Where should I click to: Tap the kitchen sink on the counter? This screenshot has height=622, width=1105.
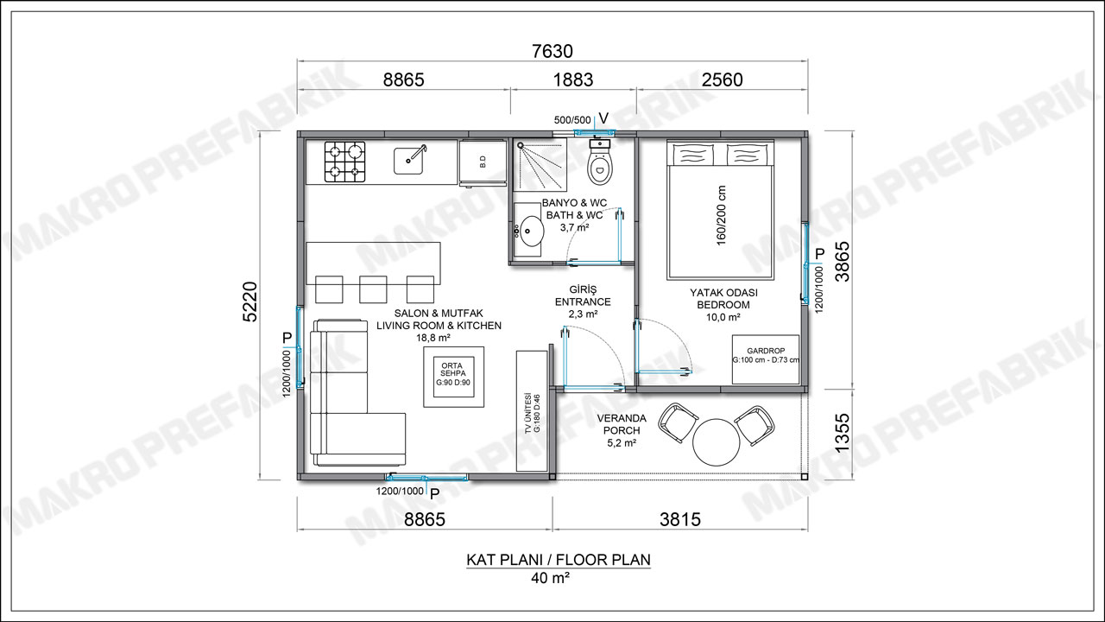click(x=408, y=160)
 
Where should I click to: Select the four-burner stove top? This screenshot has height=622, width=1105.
click(x=344, y=162)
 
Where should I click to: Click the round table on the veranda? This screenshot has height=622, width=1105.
click(x=717, y=441)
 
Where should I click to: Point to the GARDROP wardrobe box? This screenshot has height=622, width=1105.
click(x=766, y=359)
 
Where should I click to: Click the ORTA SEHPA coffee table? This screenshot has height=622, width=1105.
click(x=454, y=377)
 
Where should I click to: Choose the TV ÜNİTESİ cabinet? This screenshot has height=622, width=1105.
click(x=532, y=410)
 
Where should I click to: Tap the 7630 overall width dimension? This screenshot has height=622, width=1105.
click(x=552, y=51)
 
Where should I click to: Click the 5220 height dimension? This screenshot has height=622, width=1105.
click(x=250, y=301)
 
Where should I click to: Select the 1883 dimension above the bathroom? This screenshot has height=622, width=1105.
click(x=572, y=79)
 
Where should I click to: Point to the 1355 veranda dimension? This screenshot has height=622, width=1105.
click(x=842, y=432)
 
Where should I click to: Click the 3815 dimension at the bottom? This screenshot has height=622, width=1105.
click(x=680, y=519)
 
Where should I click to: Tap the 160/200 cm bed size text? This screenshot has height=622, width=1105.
click(x=721, y=215)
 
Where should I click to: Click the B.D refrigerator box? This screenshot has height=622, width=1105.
click(x=483, y=162)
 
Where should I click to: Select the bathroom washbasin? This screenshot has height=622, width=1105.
click(x=529, y=230)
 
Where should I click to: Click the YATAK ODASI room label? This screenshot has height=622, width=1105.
click(x=723, y=293)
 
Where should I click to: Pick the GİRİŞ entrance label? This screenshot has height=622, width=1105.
click(x=583, y=289)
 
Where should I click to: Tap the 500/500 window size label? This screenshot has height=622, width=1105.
click(x=572, y=120)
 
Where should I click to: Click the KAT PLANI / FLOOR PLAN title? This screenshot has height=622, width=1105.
click(x=559, y=559)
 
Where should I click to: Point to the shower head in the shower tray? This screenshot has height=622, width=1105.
click(x=520, y=146)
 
